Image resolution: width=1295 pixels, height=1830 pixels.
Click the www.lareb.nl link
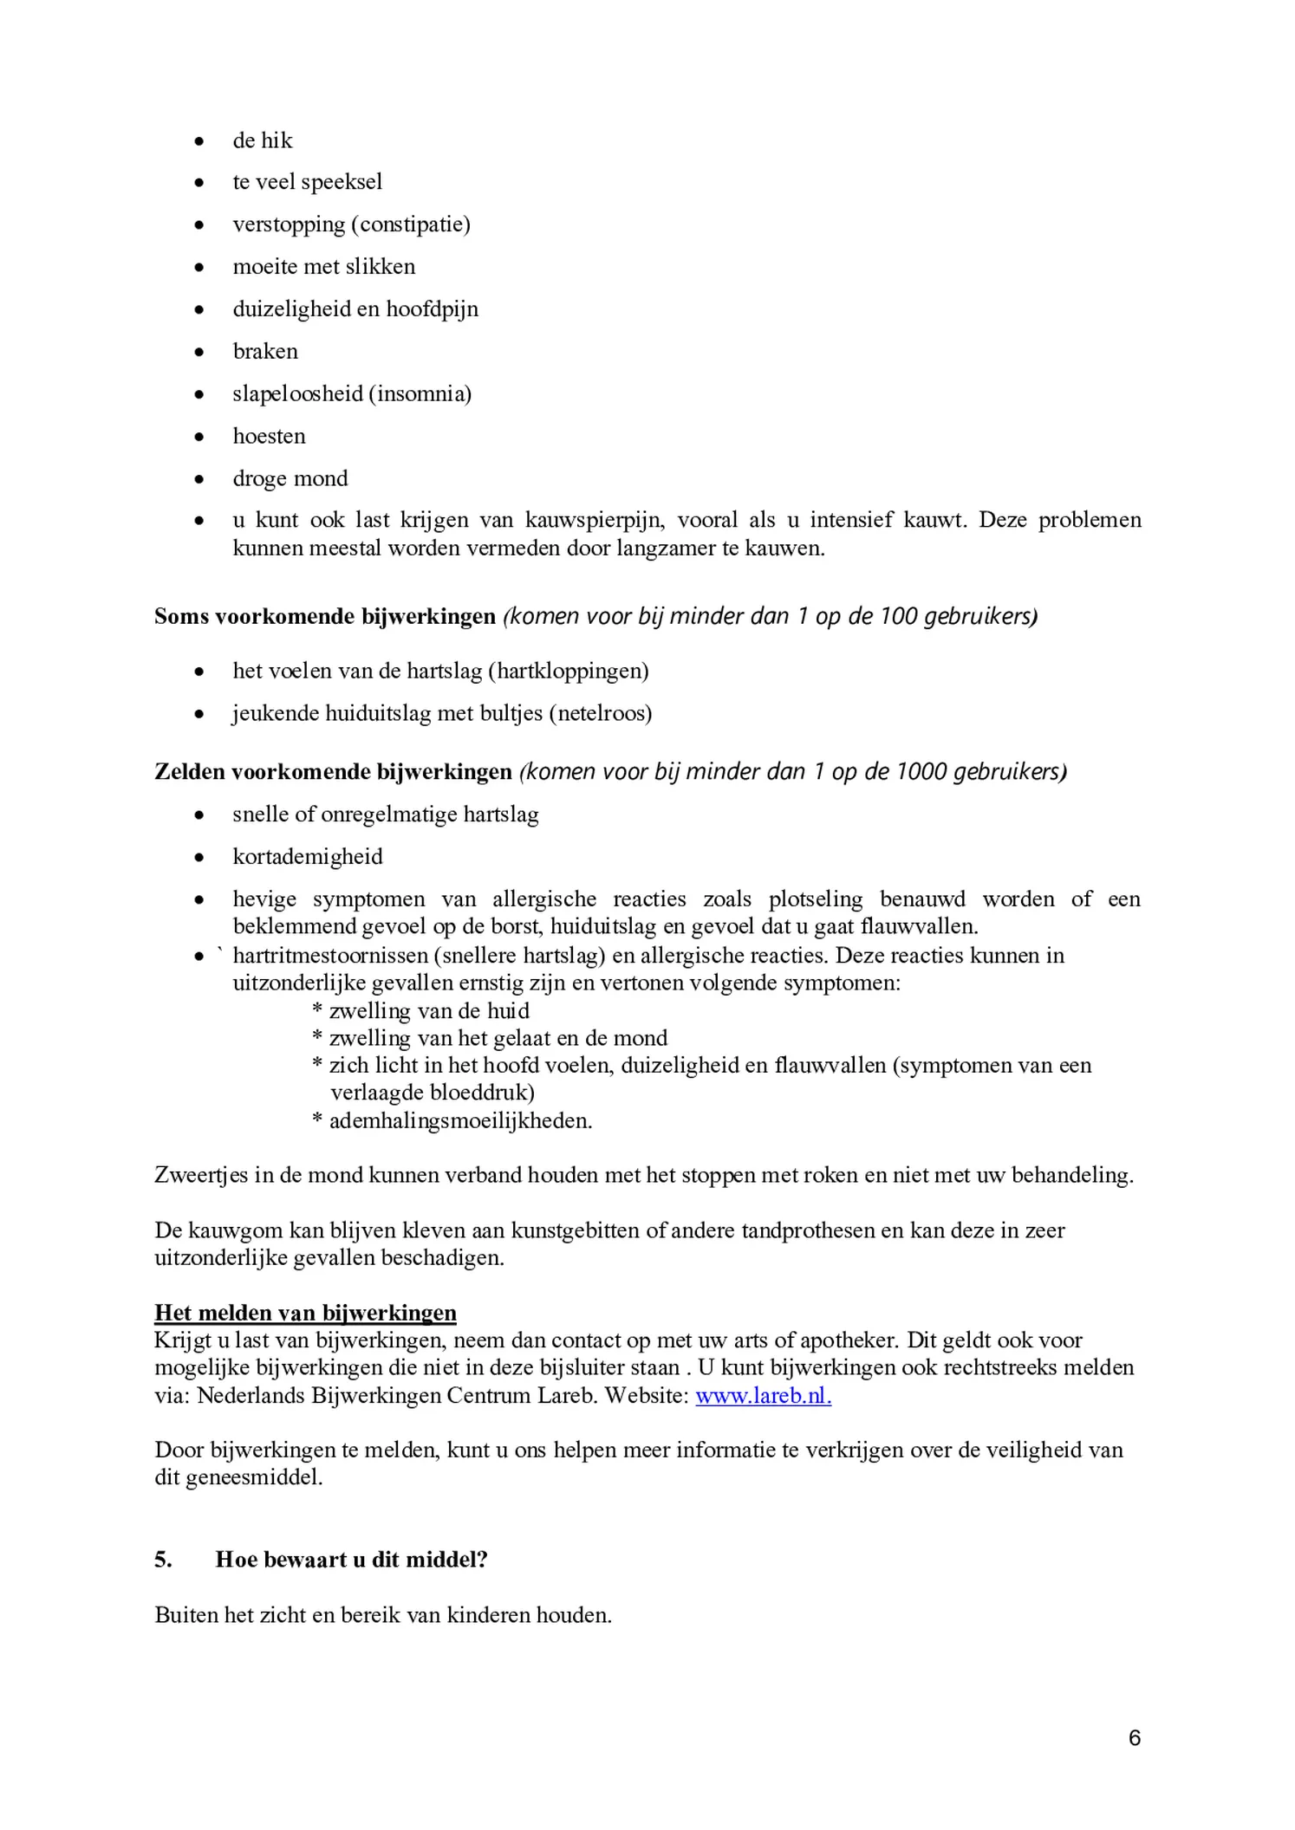coord(763,1396)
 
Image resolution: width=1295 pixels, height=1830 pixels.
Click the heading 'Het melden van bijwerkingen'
coord(305,1313)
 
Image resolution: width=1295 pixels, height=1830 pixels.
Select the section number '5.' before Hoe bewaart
coord(164,1560)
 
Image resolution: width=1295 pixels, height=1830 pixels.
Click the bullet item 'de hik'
coord(263,140)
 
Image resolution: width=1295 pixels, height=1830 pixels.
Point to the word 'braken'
coord(265,351)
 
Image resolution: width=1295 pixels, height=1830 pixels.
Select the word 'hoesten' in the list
coord(269,436)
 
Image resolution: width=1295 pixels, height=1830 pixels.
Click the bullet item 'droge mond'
coord(290,478)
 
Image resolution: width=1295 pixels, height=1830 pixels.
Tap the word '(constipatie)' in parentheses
coord(411,224)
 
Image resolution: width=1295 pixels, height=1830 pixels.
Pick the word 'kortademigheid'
coord(307,857)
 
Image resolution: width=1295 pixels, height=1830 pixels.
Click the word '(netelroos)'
coord(605,713)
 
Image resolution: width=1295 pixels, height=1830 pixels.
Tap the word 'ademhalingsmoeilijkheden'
coord(459,1120)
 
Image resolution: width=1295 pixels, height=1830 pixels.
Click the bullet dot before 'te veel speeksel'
coord(199,183)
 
